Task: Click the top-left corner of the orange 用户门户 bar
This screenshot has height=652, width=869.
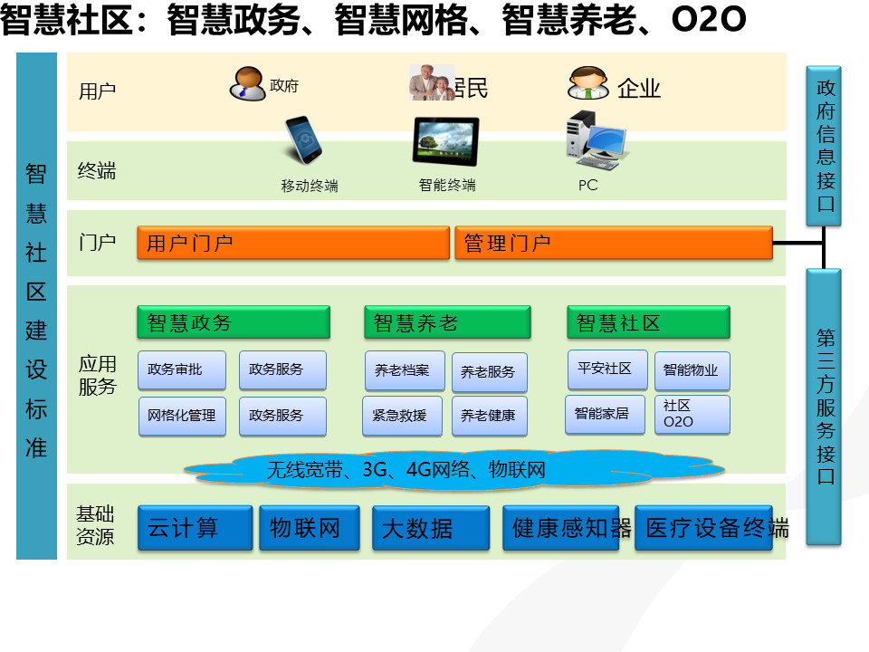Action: pos(138,226)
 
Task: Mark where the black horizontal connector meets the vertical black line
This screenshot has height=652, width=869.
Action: pos(824,243)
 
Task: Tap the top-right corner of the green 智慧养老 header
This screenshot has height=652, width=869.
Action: pos(530,306)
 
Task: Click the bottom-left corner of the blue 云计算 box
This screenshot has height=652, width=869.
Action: pos(138,550)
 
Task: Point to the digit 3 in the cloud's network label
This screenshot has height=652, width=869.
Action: pos(368,470)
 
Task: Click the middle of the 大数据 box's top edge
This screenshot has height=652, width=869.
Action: pos(431,506)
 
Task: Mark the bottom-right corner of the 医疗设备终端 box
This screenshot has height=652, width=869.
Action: pos(772,550)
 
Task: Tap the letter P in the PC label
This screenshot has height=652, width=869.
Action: pos(583,185)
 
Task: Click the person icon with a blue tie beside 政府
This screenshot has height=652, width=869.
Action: pos(248,83)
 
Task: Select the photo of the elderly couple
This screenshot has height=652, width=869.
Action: pos(432,82)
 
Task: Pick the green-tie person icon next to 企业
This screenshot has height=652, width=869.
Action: pos(588,83)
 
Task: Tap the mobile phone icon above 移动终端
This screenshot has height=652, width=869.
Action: pos(303,139)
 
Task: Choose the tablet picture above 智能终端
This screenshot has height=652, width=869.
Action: pos(445,141)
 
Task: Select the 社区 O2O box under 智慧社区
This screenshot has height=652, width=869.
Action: pos(692,414)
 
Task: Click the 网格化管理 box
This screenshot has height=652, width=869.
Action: pos(182,416)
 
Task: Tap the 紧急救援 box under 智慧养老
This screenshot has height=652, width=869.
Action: pos(402,416)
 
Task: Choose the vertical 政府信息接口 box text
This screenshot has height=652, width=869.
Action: pos(826,146)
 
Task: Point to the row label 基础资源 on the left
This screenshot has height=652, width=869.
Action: pos(95,525)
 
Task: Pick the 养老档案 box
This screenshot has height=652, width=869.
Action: pos(406,370)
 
